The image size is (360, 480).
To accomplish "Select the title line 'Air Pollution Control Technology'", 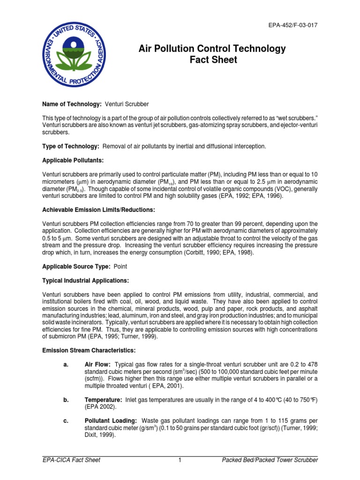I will [212, 49].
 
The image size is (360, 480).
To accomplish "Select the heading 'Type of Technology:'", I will [70, 146].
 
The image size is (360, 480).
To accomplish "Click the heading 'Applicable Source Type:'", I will [75, 266].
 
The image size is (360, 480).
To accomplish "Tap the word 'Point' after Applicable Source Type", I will [119, 266].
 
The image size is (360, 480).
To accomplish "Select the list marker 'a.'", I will [66, 364].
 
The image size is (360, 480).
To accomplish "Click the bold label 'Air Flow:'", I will [97, 364].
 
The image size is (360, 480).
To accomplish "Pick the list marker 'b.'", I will [66, 399].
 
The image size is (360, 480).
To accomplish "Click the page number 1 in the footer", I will [180, 460].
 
